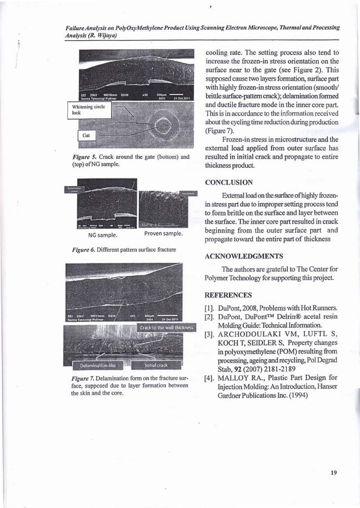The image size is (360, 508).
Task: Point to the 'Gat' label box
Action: pos(86,136)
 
